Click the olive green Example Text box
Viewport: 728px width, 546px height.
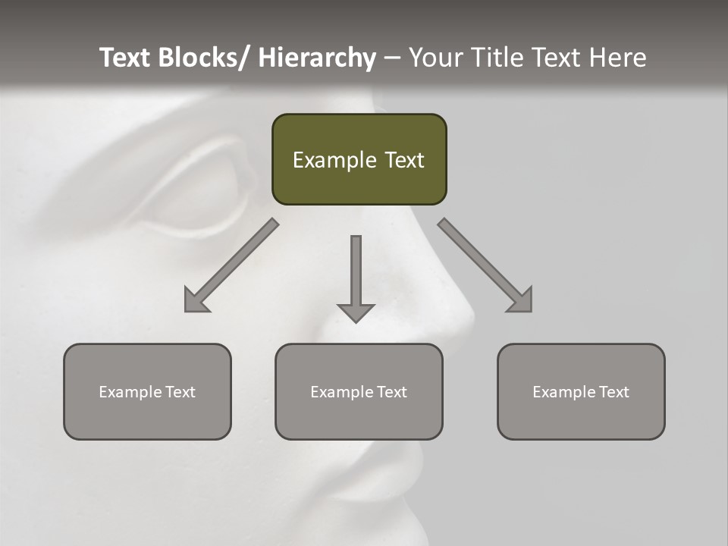pos(359,159)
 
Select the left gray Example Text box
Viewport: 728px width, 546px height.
pos(147,391)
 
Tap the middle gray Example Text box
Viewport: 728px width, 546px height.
pos(359,391)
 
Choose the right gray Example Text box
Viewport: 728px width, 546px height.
pos(581,391)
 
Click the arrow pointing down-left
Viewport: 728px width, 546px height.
pos(231,265)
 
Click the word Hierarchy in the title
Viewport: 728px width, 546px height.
pos(317,58)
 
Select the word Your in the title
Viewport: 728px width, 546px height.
pos(435,58)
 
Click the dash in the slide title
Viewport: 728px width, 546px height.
pos(392,58)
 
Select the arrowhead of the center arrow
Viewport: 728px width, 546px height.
pos(356,312)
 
